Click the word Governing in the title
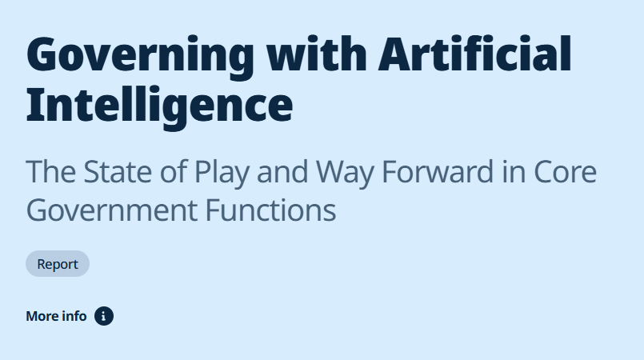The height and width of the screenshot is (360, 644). [x=140, y=58]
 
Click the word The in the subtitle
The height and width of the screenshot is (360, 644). [x=51, y=171]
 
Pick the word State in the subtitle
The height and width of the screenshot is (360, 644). [x=118, y=171]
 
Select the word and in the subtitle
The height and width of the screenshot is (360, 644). [x=282, y=171]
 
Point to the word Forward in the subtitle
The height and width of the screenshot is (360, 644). [x=438, y=171]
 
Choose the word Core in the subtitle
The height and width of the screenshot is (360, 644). [x=565, y=171]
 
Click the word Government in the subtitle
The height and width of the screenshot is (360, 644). [x=112, y=210]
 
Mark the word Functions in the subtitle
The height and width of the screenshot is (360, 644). [x=270, y=210]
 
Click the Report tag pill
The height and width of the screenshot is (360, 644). [x=58, y=263]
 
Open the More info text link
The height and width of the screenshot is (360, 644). [x=56, y=316]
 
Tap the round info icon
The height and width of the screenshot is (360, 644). [x=104, y=316]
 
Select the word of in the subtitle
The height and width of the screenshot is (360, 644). [x=174, y=171]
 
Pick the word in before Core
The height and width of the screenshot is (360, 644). [x=514, y=171]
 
